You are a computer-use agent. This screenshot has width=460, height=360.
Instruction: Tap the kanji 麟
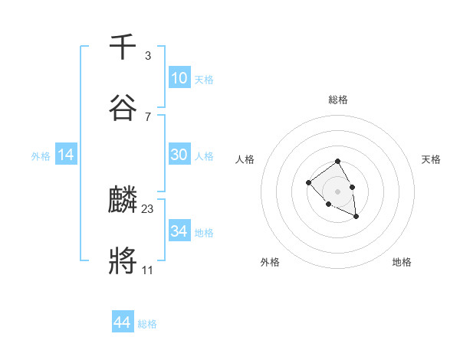click(123, 201)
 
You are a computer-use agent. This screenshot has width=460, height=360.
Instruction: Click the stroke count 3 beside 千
click(147, 56)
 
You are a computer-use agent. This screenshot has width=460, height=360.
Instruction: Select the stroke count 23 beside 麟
click(148, 208)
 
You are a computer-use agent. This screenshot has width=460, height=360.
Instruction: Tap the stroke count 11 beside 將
click(147, 270)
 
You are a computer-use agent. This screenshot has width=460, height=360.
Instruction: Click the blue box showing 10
click(179, 78)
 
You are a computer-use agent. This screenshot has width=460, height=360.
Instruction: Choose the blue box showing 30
click(179, 155)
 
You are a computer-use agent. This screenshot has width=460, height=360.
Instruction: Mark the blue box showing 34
click(179, 231)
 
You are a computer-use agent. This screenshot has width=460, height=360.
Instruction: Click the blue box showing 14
click(66, 155)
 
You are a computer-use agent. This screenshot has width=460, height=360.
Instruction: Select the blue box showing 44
click(122, 322)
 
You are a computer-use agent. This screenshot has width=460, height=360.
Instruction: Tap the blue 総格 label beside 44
click(147, 324)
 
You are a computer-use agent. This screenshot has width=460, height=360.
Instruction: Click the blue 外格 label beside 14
click(41, 156)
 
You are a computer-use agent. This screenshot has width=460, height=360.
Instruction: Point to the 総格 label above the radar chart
click(337, 100)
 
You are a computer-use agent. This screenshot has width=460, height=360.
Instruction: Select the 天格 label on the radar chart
click(431, 159)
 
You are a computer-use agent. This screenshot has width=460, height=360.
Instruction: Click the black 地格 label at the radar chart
click(402, 262)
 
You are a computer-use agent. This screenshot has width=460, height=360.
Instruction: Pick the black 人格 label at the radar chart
click(245, 159)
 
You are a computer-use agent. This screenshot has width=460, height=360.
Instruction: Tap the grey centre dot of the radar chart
click(337, 191)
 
